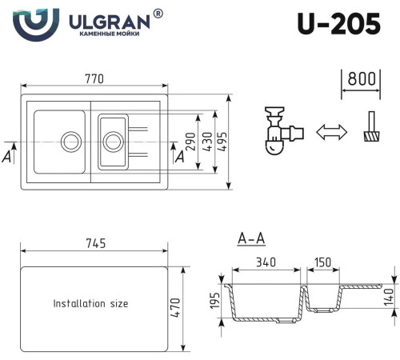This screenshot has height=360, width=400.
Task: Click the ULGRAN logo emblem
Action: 36,23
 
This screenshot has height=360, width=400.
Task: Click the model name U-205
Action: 338,25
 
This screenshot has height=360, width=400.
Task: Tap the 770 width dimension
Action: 94,78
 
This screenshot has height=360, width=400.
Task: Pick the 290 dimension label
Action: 191,142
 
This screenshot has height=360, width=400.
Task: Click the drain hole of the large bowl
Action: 71,141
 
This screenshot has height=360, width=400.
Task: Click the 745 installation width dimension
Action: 94,243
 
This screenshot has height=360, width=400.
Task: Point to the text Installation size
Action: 90,304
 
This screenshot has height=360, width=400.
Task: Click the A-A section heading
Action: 252,238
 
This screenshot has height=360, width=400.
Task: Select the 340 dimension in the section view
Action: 267,261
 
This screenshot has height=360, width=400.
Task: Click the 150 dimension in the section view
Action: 323,261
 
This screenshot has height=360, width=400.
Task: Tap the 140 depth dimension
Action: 389,296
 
